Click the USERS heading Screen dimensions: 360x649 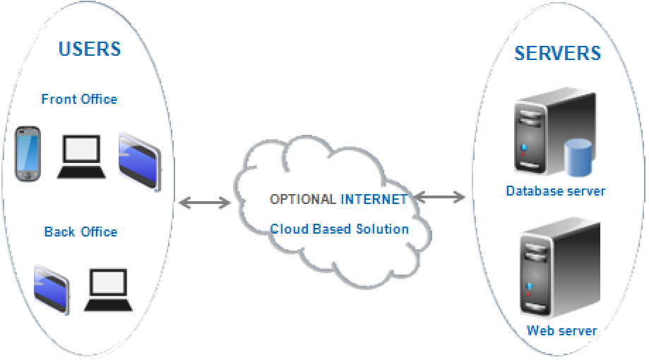coord(90,49)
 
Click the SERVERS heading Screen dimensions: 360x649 coord(557,53)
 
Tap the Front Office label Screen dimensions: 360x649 coord(79,99)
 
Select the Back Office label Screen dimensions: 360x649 coord(81,232)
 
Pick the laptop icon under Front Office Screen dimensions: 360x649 coord(82,157)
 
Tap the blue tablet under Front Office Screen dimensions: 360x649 coord(139,160)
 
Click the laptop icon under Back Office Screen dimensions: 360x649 coord(109,290)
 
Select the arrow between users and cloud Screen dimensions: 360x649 coord(205,203)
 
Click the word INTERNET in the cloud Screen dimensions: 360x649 coord(374,199)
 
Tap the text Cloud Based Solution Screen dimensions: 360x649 coord(340,229)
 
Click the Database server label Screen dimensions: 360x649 coord(556,191)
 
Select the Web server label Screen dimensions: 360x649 coord(561,330)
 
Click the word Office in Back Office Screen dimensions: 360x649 coord(99,232)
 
